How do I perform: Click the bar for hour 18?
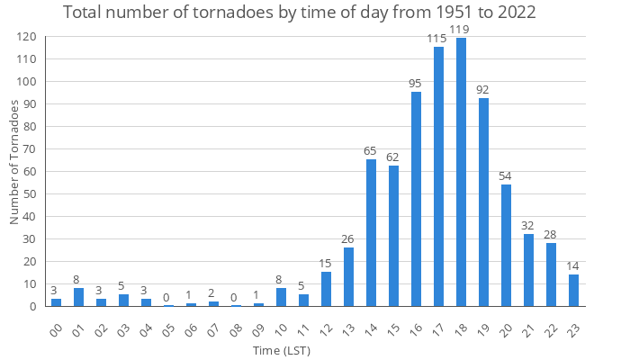pyautogui.click(x=461, y=172)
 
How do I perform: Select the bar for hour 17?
pyautogui.click(x=438, y=176)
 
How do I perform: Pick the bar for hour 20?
pyautogui.click(x=506, y=245)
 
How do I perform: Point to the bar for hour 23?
pyautogui.click(x=573, y=290)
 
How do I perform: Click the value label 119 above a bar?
pyautogui.click(x=461, y=30)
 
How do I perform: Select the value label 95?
pyautogui.click(x=416, y=84)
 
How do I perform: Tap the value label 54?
pyautogui.click(x=506, y=176)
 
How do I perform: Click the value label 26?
pyautogui.click(x=348, y=239)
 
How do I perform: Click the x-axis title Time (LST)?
pyautogui.click(x=314, y=349)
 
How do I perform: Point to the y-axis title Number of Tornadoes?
pyautogui.click(x=14, y=162)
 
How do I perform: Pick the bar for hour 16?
pyautogui.click(x=416, y=199)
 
